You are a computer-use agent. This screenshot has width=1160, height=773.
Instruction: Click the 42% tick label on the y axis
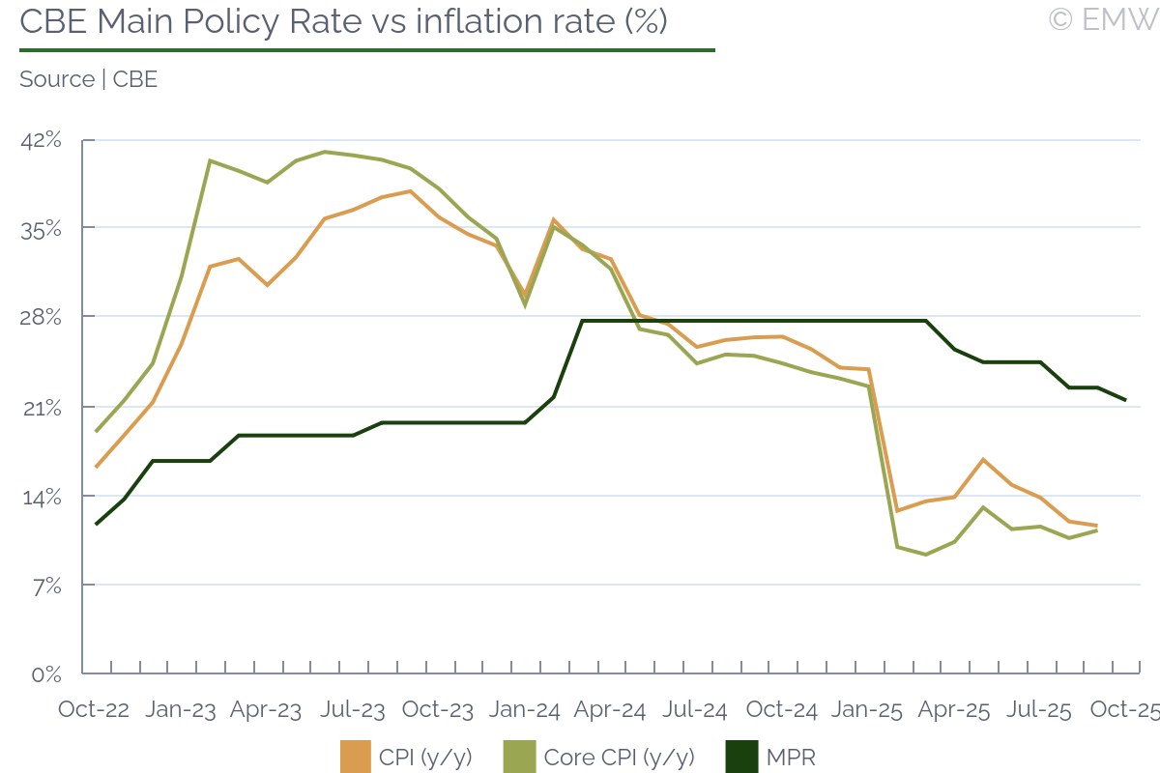pyautogui.click(x=41, y=140)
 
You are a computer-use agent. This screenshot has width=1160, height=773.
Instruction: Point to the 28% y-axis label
pyautogui.click(x=41, y=318)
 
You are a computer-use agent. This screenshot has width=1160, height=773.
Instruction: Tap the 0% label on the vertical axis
pyautogui.click(x=46, y=673)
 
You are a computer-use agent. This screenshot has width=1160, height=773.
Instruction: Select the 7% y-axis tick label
pyautogui.click(x=46, y=586)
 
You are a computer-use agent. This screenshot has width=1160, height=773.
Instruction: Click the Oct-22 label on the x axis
pyautogui.click(x=94, y=709)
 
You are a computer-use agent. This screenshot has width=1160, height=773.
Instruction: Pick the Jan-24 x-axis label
pyautogui.click(x=524, y=709)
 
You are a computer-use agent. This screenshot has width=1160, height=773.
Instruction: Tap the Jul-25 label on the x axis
pyautogui.click(x=1039, y=709)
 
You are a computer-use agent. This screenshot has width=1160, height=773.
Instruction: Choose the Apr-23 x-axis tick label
pyautogui.click(x=266, y=709)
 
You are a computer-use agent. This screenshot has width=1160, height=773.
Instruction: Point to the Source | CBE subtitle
pyautogui.click(x=88, y=79)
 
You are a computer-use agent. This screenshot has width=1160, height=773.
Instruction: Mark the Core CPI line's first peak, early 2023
pyautogui.click(x=210, y=160)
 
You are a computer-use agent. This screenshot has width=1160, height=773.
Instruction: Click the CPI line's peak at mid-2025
pyautogui.click(x=983, y=459)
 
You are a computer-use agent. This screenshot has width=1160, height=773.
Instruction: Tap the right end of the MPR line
pyautogui.click(x=1125, y=400)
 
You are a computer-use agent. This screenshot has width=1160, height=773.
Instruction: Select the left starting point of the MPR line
pyautogui.click(x=97, y=524)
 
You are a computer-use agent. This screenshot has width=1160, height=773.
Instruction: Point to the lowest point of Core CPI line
pyautogui.click(x=926, y=555)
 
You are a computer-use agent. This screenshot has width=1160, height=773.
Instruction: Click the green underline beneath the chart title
pyautogui.click(x=367, y=49)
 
